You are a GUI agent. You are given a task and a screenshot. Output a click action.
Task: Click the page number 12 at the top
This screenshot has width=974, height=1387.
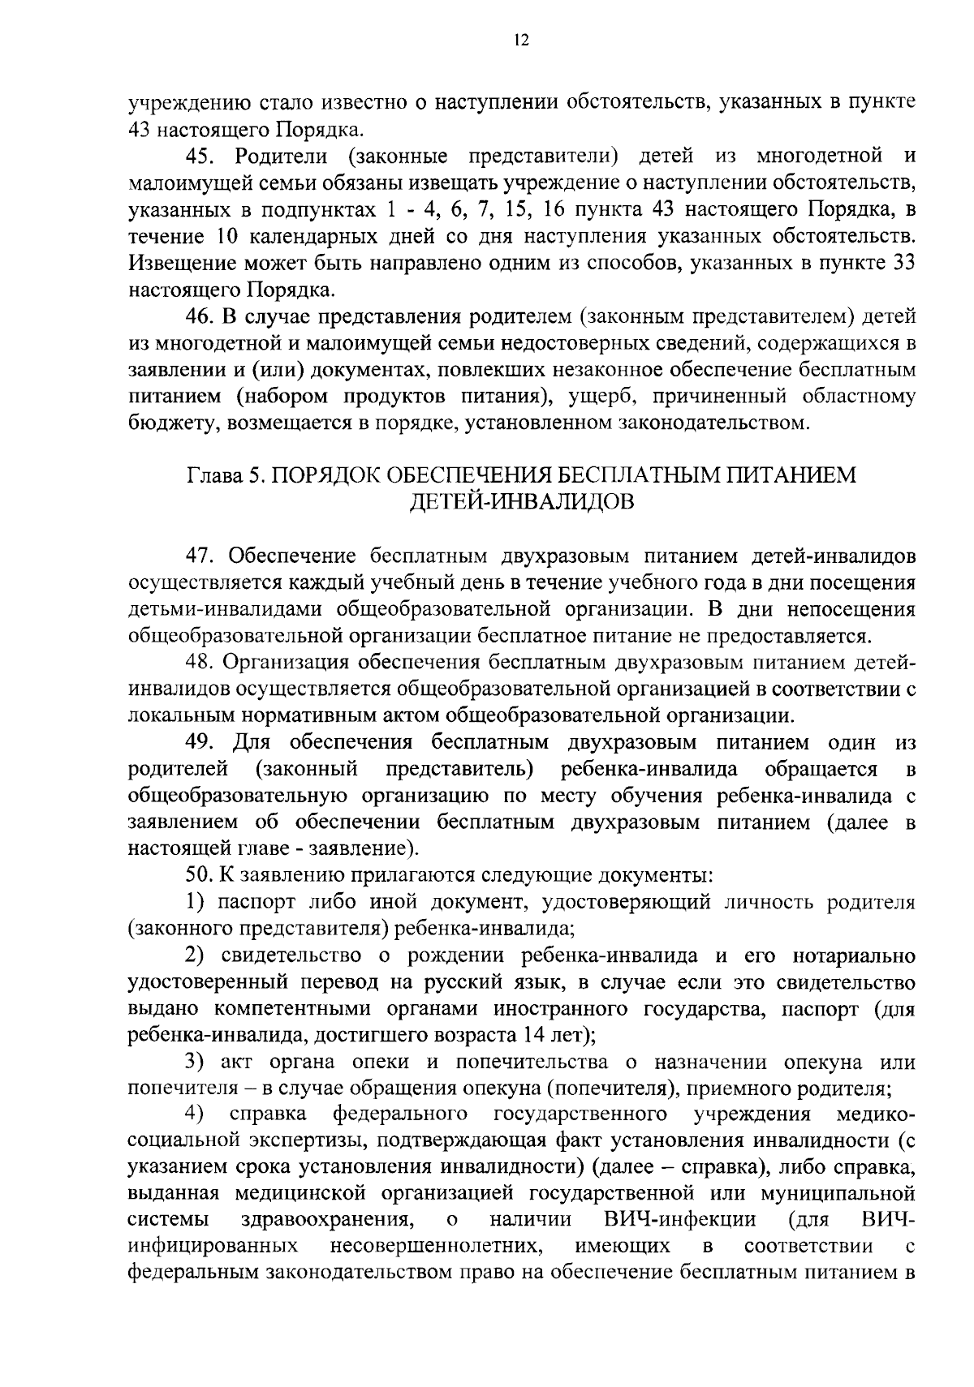[521, 41]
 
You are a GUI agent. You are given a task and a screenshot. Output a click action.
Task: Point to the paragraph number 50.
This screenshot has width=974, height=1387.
[200, 875]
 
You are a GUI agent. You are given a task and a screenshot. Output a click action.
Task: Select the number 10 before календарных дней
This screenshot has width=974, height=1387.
[231, 236]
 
